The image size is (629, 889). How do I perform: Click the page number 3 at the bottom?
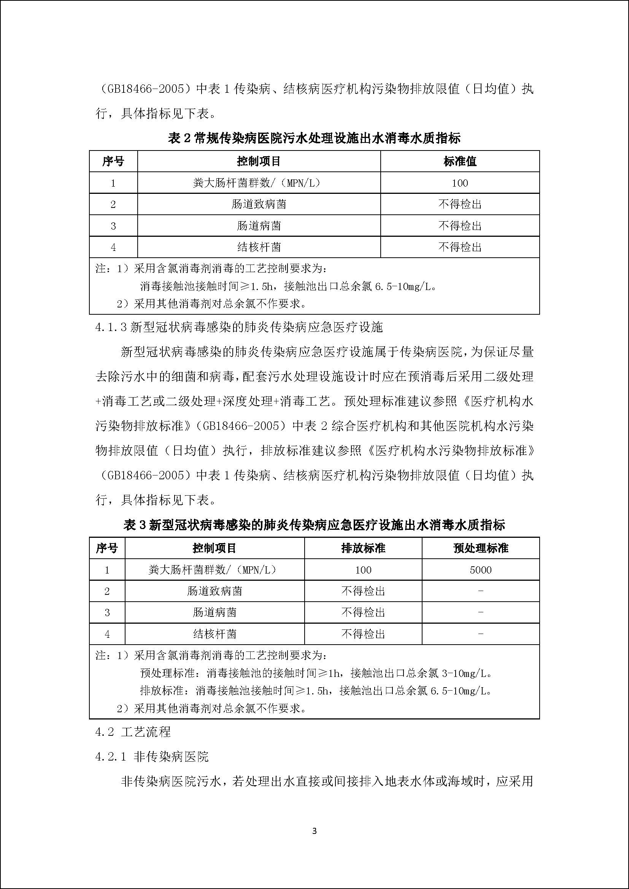click(x=314, y=830)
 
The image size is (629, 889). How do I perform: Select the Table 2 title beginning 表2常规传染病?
click(x=314, y=138)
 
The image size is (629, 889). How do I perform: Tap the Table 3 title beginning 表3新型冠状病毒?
click(x=314, y=525)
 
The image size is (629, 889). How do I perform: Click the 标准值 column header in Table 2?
click(x=460, y=162)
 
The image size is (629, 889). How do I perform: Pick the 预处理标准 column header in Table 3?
click(x=481, y=548)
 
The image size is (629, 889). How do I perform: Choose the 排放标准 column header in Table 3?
click(x=363, y=548)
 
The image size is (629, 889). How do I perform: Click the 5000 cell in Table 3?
click(x=481, y=570)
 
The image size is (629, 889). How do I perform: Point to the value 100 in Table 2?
click(x=460, y=183)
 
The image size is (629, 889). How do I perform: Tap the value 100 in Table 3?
click(x=363, y=570)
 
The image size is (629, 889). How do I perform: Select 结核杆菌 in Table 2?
click(x=259, y=247)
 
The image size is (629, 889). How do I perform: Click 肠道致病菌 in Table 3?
click(x=214, y=591)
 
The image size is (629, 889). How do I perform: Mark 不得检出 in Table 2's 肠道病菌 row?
click(x=460, y=226)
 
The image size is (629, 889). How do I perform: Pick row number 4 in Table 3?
click(x=107, y=634)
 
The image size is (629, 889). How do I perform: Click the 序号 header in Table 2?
click(x=113, y=162)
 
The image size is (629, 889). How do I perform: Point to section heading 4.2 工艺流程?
click(x=133, y=732)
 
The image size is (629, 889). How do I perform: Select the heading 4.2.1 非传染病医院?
click(x=152, y=756)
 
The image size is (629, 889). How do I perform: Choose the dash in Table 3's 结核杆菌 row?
click(x=481, y=634)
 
